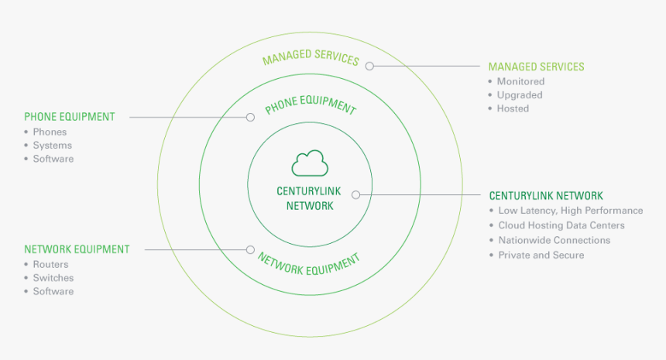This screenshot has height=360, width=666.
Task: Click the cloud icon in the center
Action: tap(310, 163)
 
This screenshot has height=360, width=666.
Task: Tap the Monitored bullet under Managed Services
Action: tap(520, 81)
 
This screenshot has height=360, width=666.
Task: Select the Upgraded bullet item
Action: tap(520, 95)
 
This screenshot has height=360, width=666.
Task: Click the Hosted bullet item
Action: tap(513, 108)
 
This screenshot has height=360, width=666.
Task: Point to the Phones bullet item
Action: tap(50, 132)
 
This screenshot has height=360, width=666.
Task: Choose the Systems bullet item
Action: tap(52, 146)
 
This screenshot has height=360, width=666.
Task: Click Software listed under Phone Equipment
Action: tap(53, 159)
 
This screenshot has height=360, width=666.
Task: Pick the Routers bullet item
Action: tap(50, 264)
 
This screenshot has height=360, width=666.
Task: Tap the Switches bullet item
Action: tap(53, 278)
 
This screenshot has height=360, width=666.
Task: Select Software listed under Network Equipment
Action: tap(53, 291)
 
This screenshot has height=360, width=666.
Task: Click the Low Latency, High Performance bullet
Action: tap(570, 211)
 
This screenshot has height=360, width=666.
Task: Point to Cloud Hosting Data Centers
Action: tap(561, 225)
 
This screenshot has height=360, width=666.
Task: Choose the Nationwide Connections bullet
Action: tap(554, 240)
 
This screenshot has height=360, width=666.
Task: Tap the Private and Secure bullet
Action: tap(541, 255)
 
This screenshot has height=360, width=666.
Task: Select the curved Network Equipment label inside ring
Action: tap(308, 264)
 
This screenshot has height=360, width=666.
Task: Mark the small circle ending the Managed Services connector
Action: tap(369, 67)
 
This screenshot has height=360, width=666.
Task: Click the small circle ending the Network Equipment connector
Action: tap(250, 250)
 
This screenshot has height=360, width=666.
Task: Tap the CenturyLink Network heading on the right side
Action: tap(546, 196)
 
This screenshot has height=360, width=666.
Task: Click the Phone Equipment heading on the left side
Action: tap(70, 117)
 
